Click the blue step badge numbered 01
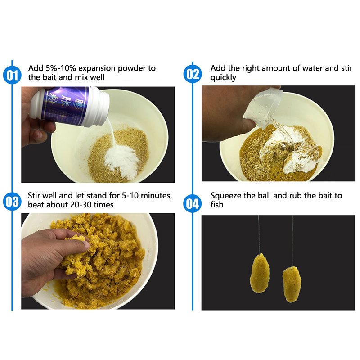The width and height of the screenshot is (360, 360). pos(12,75)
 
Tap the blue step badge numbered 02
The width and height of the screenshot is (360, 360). pos(193,74)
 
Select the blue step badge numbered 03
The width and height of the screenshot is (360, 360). pos(12,201)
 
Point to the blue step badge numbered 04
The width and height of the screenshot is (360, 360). pos(193,203)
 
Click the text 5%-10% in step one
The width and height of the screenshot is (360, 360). pos(61,68)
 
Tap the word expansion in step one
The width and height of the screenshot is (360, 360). pos(97,69)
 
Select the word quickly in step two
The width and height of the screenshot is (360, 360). pos(223,78)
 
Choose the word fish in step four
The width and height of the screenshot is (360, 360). pos(217,205)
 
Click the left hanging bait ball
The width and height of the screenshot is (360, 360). pos(260,273)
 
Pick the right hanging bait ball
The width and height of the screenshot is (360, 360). pos(292,284)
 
